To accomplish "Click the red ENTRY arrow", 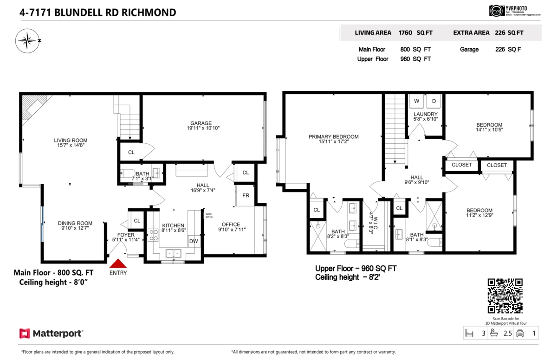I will click(118, 263).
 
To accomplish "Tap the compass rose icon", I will click(27, 41).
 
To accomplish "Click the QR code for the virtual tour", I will click(505, 296).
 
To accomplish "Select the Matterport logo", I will click(51, 334).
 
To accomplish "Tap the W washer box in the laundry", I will click(416, 101).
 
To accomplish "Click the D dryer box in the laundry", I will click(435, 101).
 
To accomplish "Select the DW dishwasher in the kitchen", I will click(194, 241).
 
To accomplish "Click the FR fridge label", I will click(246, 195).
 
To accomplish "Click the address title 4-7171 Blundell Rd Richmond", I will click(97, 13).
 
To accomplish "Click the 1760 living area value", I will click(406, 33).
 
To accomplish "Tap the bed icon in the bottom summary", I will click(469, 333).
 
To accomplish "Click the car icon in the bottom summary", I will click(520, 333).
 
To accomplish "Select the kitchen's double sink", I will click(174, 253).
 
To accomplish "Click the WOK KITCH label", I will click(209, 216).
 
